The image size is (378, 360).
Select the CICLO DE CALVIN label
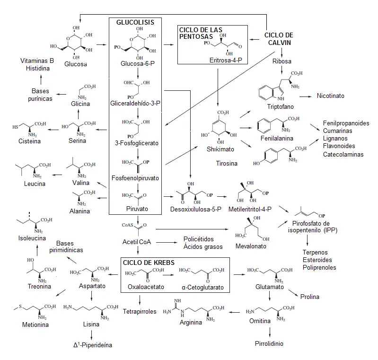click(x=279, y=39)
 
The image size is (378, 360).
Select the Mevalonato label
click(x=251, y=246)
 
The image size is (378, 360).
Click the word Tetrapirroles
click(x=140, y=312)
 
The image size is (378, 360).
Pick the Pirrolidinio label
click(x=269, y=344)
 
